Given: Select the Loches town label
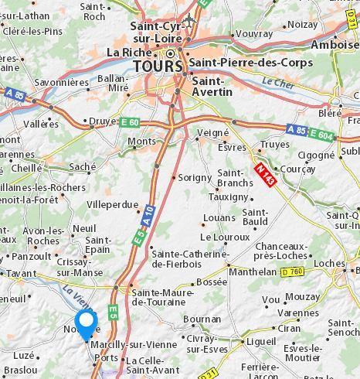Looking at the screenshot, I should pyautogui.click(x=330, y=263).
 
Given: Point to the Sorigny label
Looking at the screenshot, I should pyautogui.click(x=195, y=177).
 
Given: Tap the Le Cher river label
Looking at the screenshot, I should pyautogui.click(x=274, y=81).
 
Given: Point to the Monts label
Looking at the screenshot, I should pyautogui.click(x=141, y=142).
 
